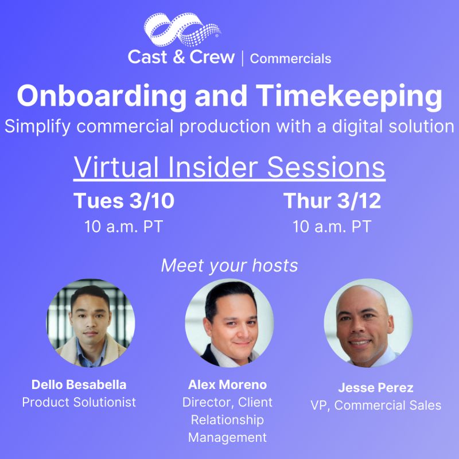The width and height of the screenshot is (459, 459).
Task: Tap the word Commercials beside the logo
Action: tap(291, 59)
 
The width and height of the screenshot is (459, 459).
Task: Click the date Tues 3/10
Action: tap(124, 201)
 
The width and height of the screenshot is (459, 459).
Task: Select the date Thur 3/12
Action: tap(332, 201)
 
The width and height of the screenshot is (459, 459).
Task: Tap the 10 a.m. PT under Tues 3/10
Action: tap(123, 226)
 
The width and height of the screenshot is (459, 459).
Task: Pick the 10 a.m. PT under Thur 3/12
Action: tap(332, 226)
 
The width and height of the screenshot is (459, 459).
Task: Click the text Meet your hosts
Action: tap(229, 266)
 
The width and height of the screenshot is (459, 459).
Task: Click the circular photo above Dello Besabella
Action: tap(91, 323)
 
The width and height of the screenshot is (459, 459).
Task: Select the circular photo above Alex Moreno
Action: tap(229, 323)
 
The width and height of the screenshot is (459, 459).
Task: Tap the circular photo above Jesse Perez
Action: tap(368, 323)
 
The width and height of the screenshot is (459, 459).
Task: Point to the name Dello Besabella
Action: tap(79, 384)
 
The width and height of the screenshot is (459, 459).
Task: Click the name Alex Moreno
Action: tap(228, 384)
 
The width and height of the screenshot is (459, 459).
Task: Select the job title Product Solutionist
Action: tap(79, 402)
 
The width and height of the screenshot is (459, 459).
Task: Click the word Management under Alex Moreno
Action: tap(228, 437)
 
